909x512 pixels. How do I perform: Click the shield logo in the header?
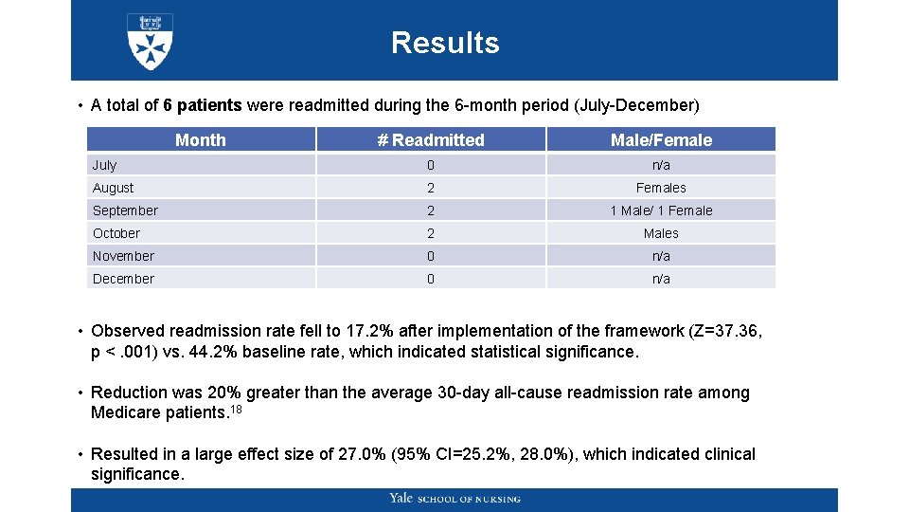(150, 42)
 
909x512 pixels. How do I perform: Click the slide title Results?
(445, 43)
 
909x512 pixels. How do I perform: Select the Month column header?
(201, 140)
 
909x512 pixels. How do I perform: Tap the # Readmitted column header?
(431, 140)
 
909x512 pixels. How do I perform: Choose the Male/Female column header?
(661, 140)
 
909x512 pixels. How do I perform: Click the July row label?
(104, 165)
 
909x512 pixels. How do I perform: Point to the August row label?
(113, 188)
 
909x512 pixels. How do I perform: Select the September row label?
(125, 210)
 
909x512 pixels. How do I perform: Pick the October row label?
(116, 233)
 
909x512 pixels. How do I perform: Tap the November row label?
(123, 256)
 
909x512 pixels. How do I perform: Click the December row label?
(123, 279)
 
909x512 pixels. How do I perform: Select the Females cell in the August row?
(661, 188)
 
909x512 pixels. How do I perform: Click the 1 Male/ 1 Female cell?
(661, 210)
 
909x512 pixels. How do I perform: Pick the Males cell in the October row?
(661, 233)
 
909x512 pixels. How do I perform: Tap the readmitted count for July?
(431, 165)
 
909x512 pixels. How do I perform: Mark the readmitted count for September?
(431, 210)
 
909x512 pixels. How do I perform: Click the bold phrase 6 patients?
(202, 105)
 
